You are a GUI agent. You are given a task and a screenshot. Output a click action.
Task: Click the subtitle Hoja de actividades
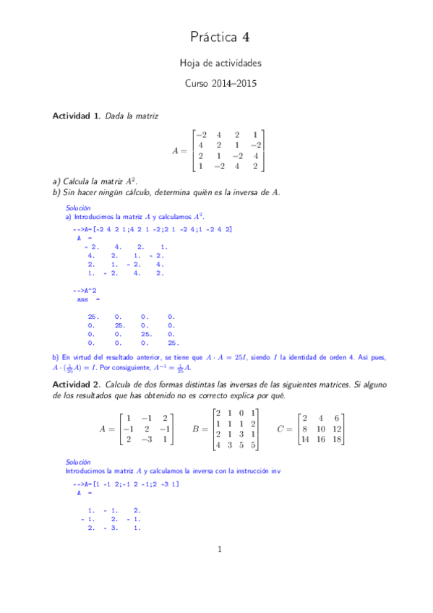tap(220, 64)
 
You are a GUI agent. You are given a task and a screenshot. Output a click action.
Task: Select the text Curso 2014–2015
tap(220, 83)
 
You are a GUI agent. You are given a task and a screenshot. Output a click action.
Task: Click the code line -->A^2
tap(84, 289)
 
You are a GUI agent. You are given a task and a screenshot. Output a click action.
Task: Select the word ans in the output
tap(82, 299)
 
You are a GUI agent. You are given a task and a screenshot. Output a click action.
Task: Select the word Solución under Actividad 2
tap(78, 461)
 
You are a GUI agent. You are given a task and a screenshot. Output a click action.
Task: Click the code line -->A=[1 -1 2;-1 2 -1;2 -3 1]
tap(127, 483)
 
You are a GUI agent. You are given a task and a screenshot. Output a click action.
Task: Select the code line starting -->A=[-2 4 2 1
tap(152, 229)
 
